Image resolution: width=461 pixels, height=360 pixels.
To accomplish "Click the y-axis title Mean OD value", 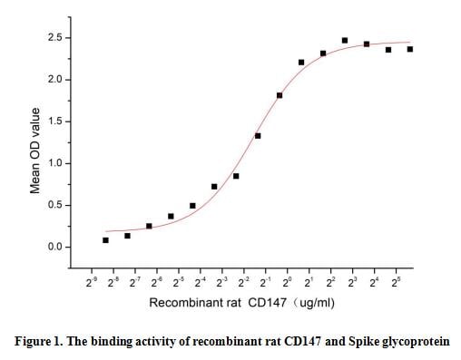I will click(34, 151).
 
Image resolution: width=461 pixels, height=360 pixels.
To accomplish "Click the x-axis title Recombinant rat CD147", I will click(205, 302).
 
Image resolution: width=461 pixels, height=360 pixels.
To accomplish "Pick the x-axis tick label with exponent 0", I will click(287, 283).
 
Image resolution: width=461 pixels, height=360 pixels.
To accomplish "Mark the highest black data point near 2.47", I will click(345, 40).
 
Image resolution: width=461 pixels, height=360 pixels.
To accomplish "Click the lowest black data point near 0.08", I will click(105, 240).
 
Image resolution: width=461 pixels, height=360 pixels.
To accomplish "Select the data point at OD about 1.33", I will click(258, 136).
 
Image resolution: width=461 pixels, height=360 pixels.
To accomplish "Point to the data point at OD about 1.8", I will click(280, 95).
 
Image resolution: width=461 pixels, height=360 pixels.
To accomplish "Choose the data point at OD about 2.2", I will click(301, 63).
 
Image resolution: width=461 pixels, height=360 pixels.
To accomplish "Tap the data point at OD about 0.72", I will click(214, 187).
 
